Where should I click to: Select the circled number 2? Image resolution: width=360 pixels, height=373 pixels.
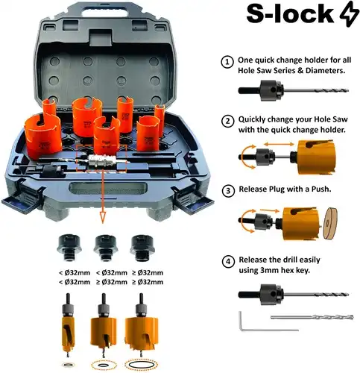[228, 122]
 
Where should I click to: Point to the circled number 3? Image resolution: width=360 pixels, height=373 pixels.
[228, 189]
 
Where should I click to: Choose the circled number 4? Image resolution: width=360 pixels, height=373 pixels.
[228, 261]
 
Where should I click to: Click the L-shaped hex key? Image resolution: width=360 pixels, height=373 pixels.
[247, 323]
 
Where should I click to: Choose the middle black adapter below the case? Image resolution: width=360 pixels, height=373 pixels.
[103, 243]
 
